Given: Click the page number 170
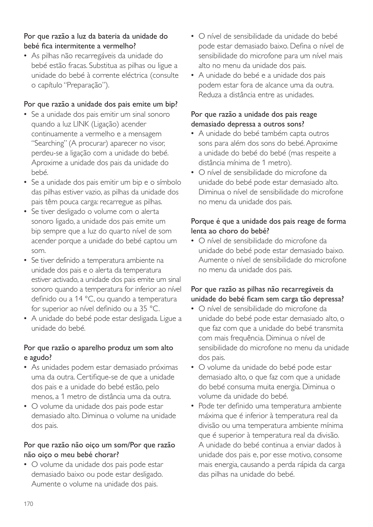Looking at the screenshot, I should [29, 504].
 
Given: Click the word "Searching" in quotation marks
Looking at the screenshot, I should [49, 143].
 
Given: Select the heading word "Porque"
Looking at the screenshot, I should [202, 221].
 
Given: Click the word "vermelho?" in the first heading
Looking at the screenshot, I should [120, 46].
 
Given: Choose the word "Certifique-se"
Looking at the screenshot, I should [99, 377].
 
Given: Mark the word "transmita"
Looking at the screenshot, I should [328, 328].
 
